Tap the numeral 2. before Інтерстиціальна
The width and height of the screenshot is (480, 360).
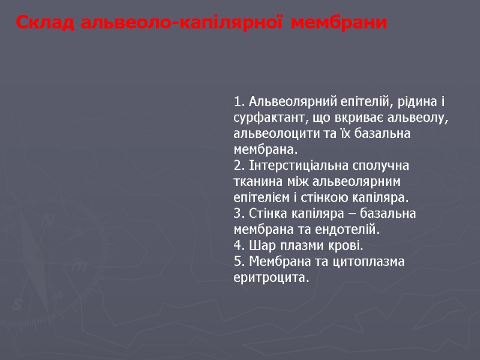click(239, 164)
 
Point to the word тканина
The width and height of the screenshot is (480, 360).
click(256, 181)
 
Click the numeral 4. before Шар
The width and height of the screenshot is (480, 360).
click(239, 245)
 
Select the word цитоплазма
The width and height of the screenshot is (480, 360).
click(371, 262)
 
